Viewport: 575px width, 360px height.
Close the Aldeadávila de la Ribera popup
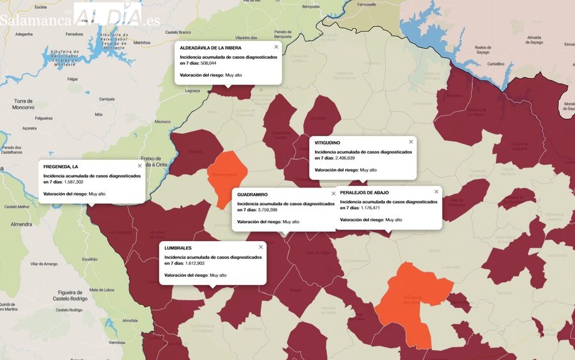[x=276, y=47]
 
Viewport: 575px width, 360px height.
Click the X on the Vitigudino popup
[x=411, y=142]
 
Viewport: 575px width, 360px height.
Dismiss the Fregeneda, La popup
[x=139, y=166]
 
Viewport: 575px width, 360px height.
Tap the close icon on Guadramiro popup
[x=333, y=194]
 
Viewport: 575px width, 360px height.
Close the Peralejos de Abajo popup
[x=436, y=192]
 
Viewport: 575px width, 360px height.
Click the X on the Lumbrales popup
[x=261, y=247]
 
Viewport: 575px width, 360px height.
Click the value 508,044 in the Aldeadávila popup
[x=208, y=63]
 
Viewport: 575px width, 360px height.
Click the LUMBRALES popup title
[x=178, y=247]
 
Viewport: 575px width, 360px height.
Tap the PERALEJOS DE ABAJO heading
[x=364, y=192]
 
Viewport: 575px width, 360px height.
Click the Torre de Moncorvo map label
[x=23, y=104]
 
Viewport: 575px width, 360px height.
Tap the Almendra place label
[x=21, y=224]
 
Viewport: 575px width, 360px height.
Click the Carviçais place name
[x=107, y=99]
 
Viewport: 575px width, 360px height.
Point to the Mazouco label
[x=163, y=121]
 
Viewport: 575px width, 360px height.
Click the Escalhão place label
[x=89, y=259]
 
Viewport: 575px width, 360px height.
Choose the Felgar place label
[x=72, y=79]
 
